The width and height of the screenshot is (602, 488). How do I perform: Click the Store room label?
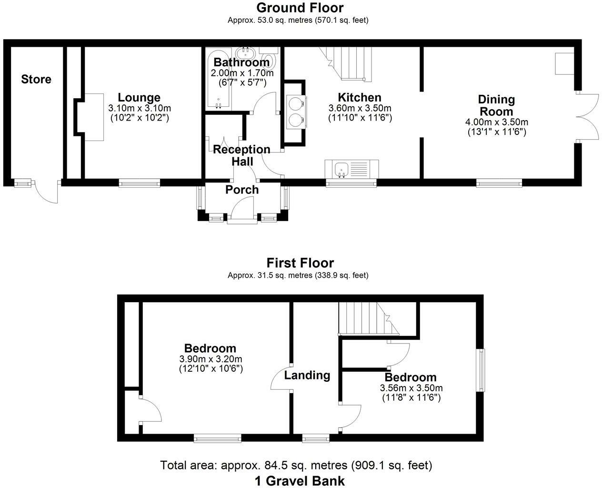36,79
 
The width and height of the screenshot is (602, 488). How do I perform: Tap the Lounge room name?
139,98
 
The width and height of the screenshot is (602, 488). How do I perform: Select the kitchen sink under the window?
351,169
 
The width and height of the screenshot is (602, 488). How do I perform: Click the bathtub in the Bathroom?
218,79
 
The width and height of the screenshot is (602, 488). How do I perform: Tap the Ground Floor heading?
300,8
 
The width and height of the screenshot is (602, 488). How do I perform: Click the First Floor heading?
300,263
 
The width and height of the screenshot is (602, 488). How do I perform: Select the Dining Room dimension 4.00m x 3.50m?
496,122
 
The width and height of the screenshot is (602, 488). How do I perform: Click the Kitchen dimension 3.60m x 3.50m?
360,108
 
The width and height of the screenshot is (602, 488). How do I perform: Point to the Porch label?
242,190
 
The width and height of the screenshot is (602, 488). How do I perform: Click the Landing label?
307,375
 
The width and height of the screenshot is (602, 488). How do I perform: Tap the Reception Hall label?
241,155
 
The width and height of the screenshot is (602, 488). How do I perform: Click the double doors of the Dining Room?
587,117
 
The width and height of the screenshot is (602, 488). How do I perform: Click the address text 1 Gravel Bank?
300,480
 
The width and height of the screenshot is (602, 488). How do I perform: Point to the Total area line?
296,465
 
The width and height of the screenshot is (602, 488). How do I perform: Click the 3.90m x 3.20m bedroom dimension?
211,359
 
